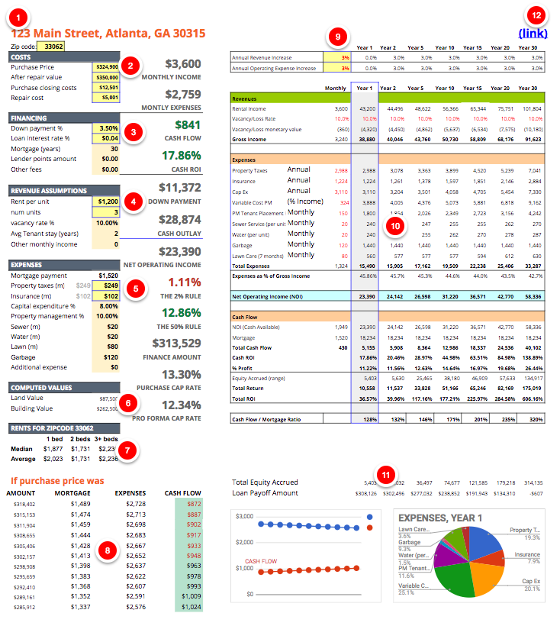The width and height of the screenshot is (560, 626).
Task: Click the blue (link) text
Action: (533, 34)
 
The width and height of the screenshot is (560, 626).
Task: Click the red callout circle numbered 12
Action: (536, 15)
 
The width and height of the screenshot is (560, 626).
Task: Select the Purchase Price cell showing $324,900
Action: (105, 66)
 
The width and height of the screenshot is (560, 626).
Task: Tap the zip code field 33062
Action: (53, 46)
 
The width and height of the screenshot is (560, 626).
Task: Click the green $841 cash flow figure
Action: (187, 125)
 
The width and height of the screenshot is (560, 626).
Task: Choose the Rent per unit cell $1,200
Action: (105, 202)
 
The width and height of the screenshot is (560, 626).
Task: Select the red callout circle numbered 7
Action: (130, 450)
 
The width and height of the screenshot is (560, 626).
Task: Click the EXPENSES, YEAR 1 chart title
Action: (439, 518)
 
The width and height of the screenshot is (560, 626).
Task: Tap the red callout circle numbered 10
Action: (394, 225)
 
